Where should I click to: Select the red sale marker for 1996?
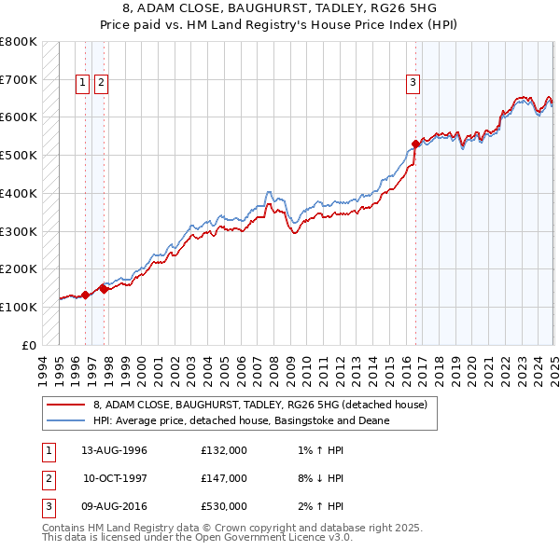85,295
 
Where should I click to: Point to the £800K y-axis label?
19,42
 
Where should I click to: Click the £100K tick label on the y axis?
19,307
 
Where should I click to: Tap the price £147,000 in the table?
224,478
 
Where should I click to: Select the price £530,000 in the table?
224,506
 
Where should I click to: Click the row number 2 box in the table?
47,478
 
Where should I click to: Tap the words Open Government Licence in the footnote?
264,538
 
